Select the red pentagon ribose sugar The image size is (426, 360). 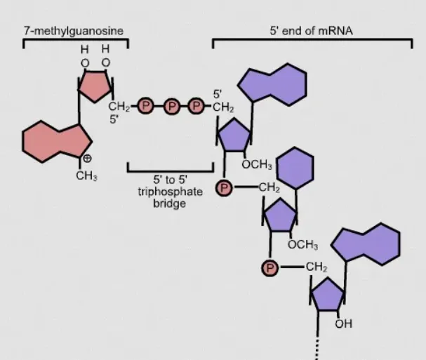[93, 88]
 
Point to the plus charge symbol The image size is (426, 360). [87, 159]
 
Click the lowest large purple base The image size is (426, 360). [365, 246]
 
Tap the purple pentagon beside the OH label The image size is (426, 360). [328, 296]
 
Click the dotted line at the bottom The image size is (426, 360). [318, 347]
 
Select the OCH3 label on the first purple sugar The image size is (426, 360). [256, 165]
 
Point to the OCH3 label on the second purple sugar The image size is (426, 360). [302, 245]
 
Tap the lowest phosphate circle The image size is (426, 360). [270, 267]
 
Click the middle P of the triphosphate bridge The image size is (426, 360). [171, 107]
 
